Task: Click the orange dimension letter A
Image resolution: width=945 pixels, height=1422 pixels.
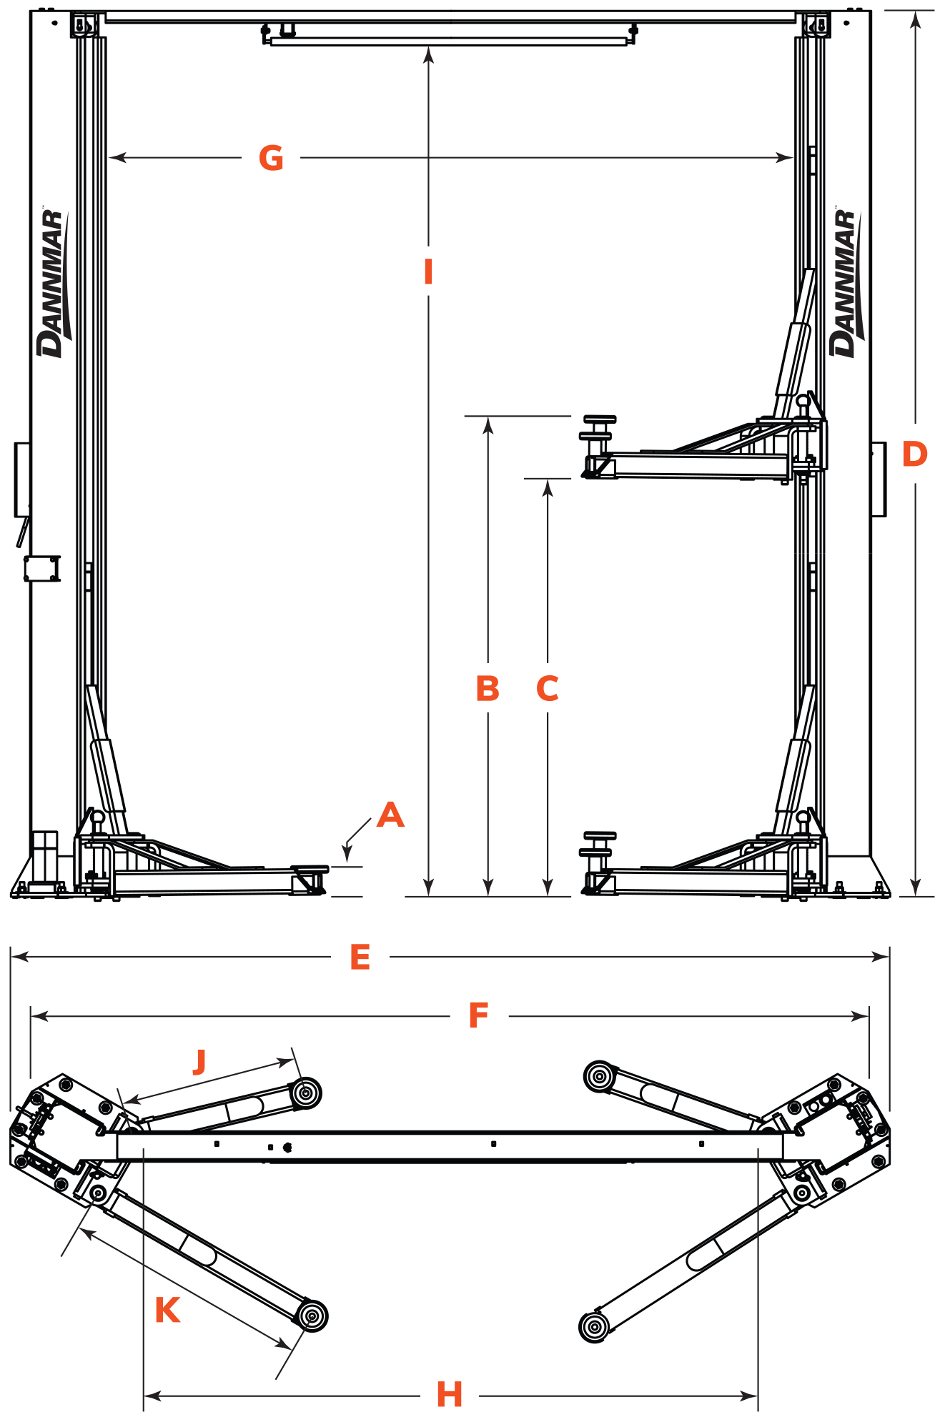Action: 390,815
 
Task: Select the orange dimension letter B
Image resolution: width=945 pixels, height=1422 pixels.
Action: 488,688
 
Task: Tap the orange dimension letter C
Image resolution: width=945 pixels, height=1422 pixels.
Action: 548,688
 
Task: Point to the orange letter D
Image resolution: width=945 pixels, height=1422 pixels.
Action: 915,454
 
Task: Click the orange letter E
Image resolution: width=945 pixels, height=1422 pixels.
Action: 360,957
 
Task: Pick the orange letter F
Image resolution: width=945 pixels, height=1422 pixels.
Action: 478,1015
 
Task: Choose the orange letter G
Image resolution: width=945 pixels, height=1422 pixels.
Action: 271,158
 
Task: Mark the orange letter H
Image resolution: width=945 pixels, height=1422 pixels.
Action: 450,1394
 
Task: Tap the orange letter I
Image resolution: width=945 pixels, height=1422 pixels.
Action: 428,272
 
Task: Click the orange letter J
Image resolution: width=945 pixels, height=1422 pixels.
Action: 199,1062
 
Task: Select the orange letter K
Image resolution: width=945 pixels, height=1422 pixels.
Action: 167,1310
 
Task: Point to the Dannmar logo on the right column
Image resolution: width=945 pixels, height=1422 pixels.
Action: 846,282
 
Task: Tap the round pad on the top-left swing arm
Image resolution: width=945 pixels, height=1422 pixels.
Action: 306,1093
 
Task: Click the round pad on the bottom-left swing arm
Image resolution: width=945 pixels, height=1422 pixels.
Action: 312,1316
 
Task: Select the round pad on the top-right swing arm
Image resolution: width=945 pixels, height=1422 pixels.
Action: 599,1076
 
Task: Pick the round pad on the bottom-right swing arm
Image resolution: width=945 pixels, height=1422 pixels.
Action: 594,1327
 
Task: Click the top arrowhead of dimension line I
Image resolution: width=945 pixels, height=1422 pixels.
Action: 428,54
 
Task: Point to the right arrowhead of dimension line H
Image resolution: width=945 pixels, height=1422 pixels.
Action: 749,1396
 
